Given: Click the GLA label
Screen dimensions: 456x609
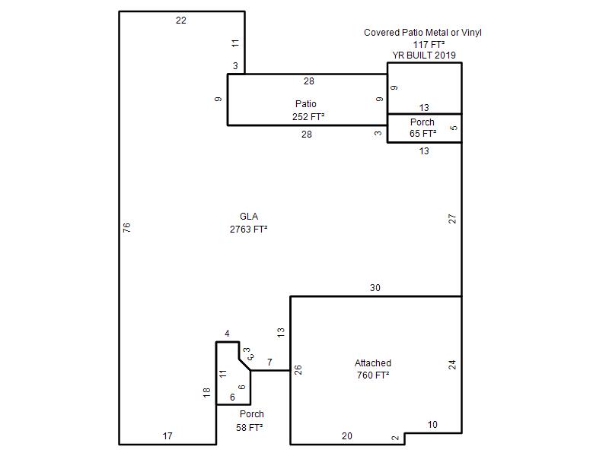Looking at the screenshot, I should click(x=248, y=217).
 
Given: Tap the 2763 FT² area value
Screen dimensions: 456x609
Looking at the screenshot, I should click(x=248, y=229).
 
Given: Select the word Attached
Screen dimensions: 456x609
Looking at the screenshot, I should click(x=373, y=363).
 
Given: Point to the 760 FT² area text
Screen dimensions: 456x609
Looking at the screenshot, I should click(x=373, y=375).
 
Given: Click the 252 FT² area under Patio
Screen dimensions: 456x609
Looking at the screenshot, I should click(x=308, y=116).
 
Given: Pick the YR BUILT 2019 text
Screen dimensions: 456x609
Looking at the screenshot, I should click(x=424, y=55).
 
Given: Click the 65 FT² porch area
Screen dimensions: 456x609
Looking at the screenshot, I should click(x=422, y=133).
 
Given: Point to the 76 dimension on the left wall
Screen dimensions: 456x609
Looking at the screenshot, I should click(x=127, y=226).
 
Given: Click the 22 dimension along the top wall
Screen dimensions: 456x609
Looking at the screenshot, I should click(x=180, y=21).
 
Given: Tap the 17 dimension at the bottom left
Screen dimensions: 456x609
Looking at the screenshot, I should click(x=167, y=435).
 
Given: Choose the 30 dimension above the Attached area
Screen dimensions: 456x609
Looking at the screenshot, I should click(x=375, y=288).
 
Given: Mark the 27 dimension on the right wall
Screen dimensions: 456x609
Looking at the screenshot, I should click(x=452, y=218).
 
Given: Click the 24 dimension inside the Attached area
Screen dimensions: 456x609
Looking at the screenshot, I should click(x=452, y=364).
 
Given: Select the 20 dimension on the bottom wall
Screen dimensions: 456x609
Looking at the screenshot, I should click(x=347, y=435).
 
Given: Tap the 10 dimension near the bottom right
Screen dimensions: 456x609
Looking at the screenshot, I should click(x=432, y=424).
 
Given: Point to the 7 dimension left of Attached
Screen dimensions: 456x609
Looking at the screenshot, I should click(x=269, y=363).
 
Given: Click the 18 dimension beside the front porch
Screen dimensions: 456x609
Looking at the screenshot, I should click(x=206, y=392).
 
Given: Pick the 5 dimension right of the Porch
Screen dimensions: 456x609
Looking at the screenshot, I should click(x=454, y=127).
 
